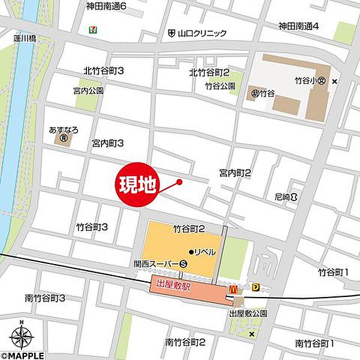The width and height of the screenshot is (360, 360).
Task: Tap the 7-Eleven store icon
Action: click(93, 28)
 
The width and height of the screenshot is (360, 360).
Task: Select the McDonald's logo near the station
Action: click(232, 289)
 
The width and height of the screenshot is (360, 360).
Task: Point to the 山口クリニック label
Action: click(202, 34)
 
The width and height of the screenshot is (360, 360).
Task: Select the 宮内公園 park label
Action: click(88, 91)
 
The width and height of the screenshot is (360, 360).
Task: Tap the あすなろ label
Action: click(64, 130)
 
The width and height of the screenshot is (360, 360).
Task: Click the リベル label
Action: click(204, 252)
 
